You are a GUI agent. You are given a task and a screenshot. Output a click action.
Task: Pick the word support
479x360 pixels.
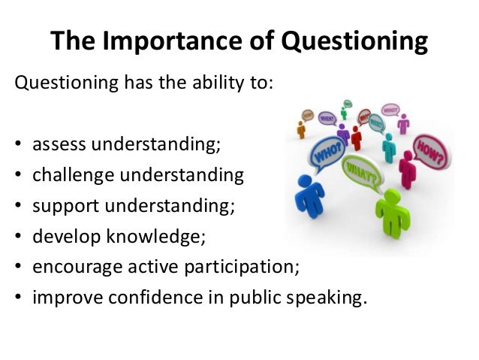click(64, 206)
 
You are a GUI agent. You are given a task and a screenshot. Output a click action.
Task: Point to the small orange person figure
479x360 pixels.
click(301, 129)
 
